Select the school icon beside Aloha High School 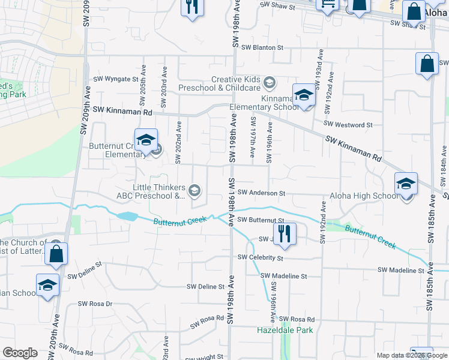coord(406,184)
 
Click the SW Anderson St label coord(261,193)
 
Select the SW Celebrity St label coord(260,258)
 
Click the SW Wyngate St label coord(116,79)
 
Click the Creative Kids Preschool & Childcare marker coord(270,82)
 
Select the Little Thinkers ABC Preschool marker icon coord(194,191)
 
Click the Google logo coord(20,353)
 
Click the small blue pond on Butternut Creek coord(128,216)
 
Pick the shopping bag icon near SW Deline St coord(56,253)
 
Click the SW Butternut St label coord(260,220)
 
